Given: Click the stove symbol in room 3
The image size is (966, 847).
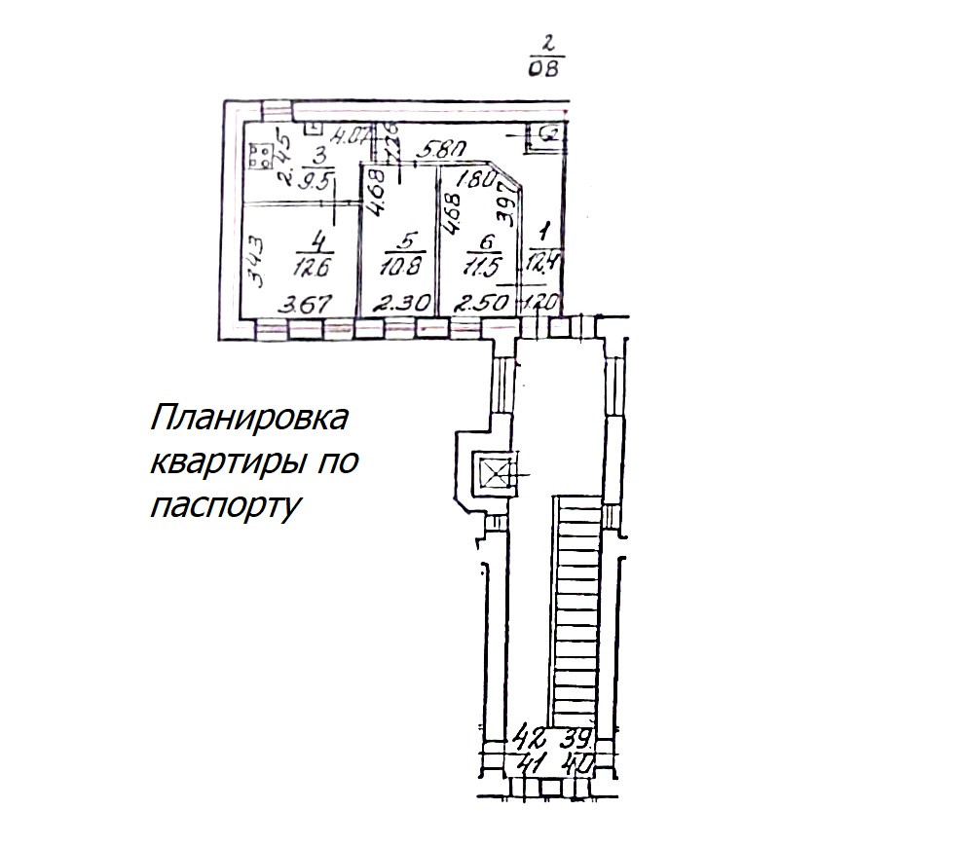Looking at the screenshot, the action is click(260, 157).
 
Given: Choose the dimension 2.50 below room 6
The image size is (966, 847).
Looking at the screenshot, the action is click(482, 304).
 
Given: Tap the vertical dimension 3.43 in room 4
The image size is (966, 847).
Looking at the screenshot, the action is click(254, 266).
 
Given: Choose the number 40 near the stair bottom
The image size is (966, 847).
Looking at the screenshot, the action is click(578, 764).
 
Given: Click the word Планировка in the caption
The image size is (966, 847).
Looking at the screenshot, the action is click(249, 421).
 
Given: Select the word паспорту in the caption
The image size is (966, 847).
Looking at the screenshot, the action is click(223, 505).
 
